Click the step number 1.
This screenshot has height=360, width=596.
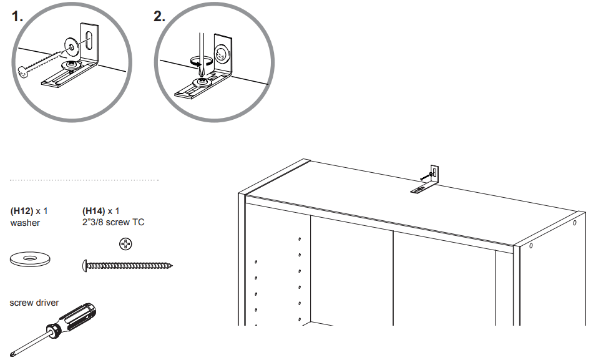click(17, 17)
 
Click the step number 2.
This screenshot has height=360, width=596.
click(160, 17)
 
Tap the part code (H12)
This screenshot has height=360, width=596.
click(22, 211)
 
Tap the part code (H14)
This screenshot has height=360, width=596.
click(94, 211)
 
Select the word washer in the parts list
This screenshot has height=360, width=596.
click(25, 223)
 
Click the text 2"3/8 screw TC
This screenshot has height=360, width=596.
click(114, 223)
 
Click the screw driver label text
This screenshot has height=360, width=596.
click(34, 303)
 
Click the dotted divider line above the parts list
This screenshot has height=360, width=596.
click(84, 180)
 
